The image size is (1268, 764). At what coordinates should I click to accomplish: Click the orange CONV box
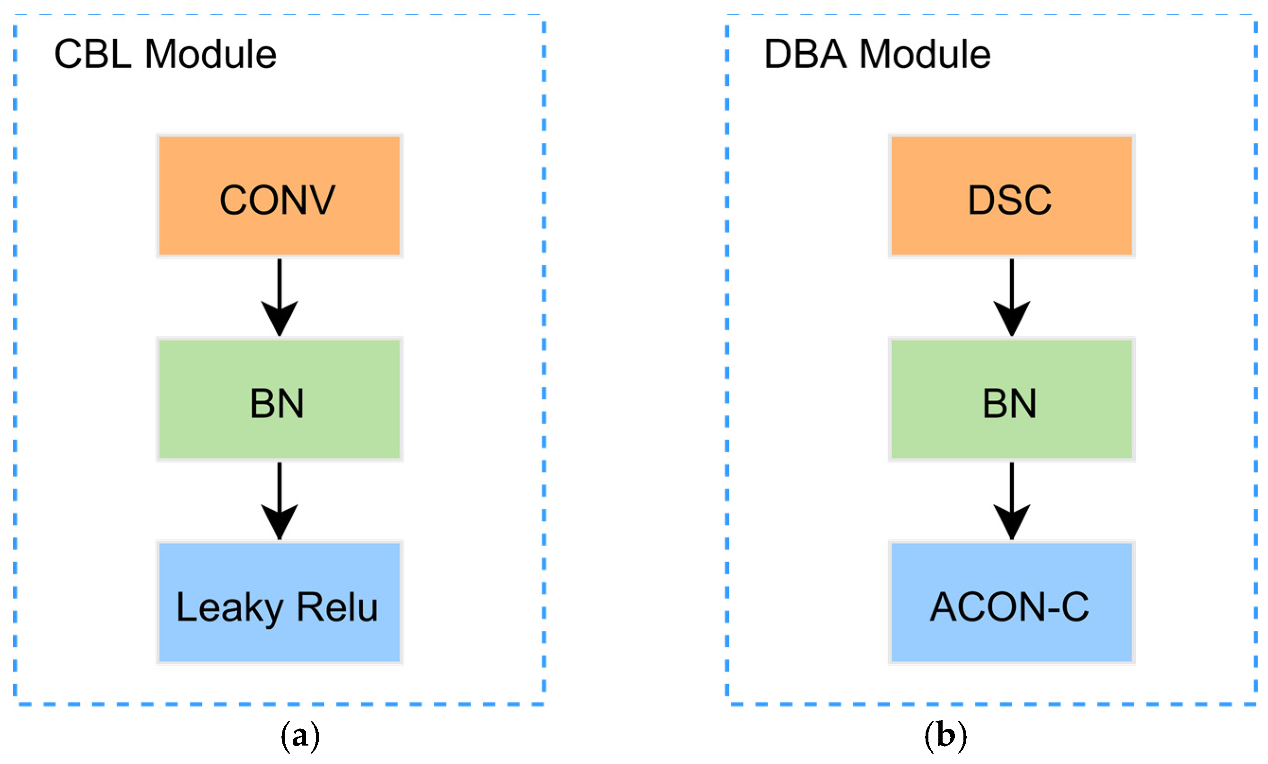coord(279,196)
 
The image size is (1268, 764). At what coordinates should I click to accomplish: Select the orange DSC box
coord(1011,196)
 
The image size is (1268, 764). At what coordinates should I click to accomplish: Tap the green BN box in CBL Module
coord(279,399)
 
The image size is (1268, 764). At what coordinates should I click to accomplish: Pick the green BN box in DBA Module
coord(1011,399)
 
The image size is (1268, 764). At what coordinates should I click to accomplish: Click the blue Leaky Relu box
coord(279,602)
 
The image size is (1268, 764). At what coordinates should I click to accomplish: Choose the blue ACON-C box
coord(1011,602)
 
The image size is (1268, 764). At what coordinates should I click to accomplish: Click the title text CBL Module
coord(165,54)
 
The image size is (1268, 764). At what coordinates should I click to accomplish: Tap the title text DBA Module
coord(877,54)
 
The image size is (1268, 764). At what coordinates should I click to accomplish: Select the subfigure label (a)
coord(300,736)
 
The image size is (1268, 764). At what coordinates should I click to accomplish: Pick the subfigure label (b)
coord(945,736)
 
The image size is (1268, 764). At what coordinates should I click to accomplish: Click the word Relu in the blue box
coord(338,607)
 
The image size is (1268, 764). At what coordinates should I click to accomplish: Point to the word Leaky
coord(229,608)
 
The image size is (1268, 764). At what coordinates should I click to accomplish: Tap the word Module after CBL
coord(210,54)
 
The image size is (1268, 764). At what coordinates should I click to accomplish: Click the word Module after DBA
coord(925,54)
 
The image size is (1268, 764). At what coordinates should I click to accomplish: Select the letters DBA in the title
coord(805,54)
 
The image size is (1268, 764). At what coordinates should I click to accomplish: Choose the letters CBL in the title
coord(93,54)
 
